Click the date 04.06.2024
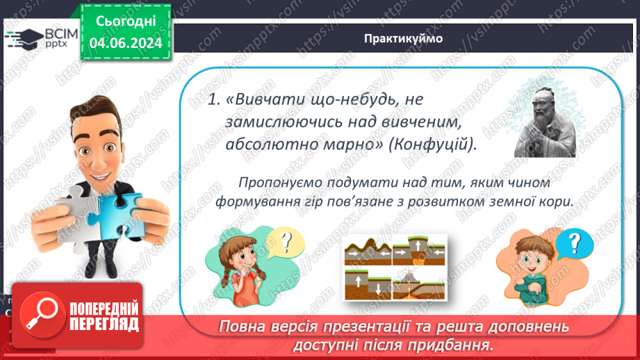click(125, 43)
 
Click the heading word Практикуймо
click(402, 38)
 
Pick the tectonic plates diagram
click(395, 266)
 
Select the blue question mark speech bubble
click(574, 244)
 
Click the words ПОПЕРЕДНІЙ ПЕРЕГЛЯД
click(104, 316)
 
